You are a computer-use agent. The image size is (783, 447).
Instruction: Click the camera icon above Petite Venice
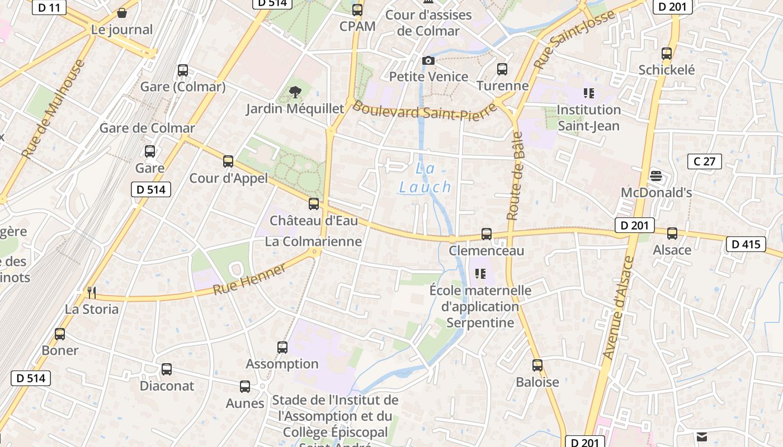[428, 60]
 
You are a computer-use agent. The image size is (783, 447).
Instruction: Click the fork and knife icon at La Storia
[92, 292]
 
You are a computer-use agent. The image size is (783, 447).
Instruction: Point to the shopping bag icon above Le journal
[122, 12]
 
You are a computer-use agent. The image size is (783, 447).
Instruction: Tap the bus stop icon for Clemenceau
[487, 234]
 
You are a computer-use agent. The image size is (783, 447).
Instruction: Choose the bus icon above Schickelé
[667, 54]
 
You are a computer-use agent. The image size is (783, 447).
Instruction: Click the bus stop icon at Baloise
[537, 365]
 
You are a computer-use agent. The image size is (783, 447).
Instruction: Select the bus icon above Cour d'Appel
[228, 161]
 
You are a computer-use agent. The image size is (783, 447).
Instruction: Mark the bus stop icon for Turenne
[502, 69]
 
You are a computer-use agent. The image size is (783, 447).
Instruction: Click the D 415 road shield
[746, 244]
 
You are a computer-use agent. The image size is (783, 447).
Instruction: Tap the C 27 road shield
[704, 161]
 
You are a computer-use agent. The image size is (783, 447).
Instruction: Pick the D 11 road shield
[49, 7]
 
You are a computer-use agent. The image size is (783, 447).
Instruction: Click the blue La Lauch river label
[425, 178]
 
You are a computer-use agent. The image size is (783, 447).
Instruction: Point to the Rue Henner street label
[250, 279]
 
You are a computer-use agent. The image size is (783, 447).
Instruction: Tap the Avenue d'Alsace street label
[620, 307]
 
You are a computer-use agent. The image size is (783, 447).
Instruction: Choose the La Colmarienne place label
[313, 241]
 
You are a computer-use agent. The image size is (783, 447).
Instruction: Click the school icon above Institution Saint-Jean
[588, 93]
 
